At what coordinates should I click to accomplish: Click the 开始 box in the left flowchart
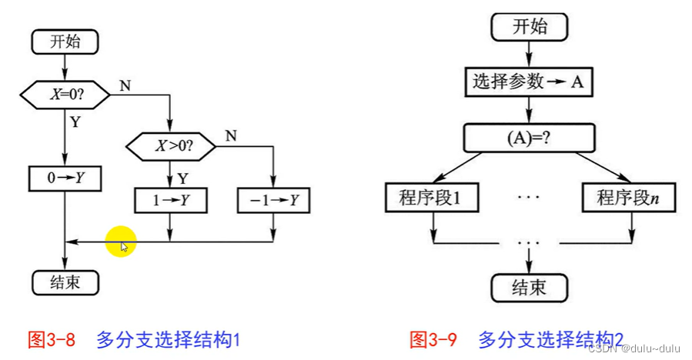point(65,42)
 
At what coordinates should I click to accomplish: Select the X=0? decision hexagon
point(65,95)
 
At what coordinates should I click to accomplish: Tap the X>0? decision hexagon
point(171,145)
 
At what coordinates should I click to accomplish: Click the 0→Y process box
point(65,178)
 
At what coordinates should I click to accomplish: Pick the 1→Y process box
point(171,200)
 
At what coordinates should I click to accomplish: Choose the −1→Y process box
point(273,200)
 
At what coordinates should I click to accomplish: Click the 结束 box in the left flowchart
point(65,282)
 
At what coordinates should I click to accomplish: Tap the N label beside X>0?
point(230,135)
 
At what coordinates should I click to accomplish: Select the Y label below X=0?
point(75,122)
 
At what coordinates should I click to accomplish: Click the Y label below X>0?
point(182,178)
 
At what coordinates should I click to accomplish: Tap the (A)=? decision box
point(530,139)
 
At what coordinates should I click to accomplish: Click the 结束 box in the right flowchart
point(530,287)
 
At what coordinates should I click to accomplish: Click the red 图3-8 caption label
point(51,339)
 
